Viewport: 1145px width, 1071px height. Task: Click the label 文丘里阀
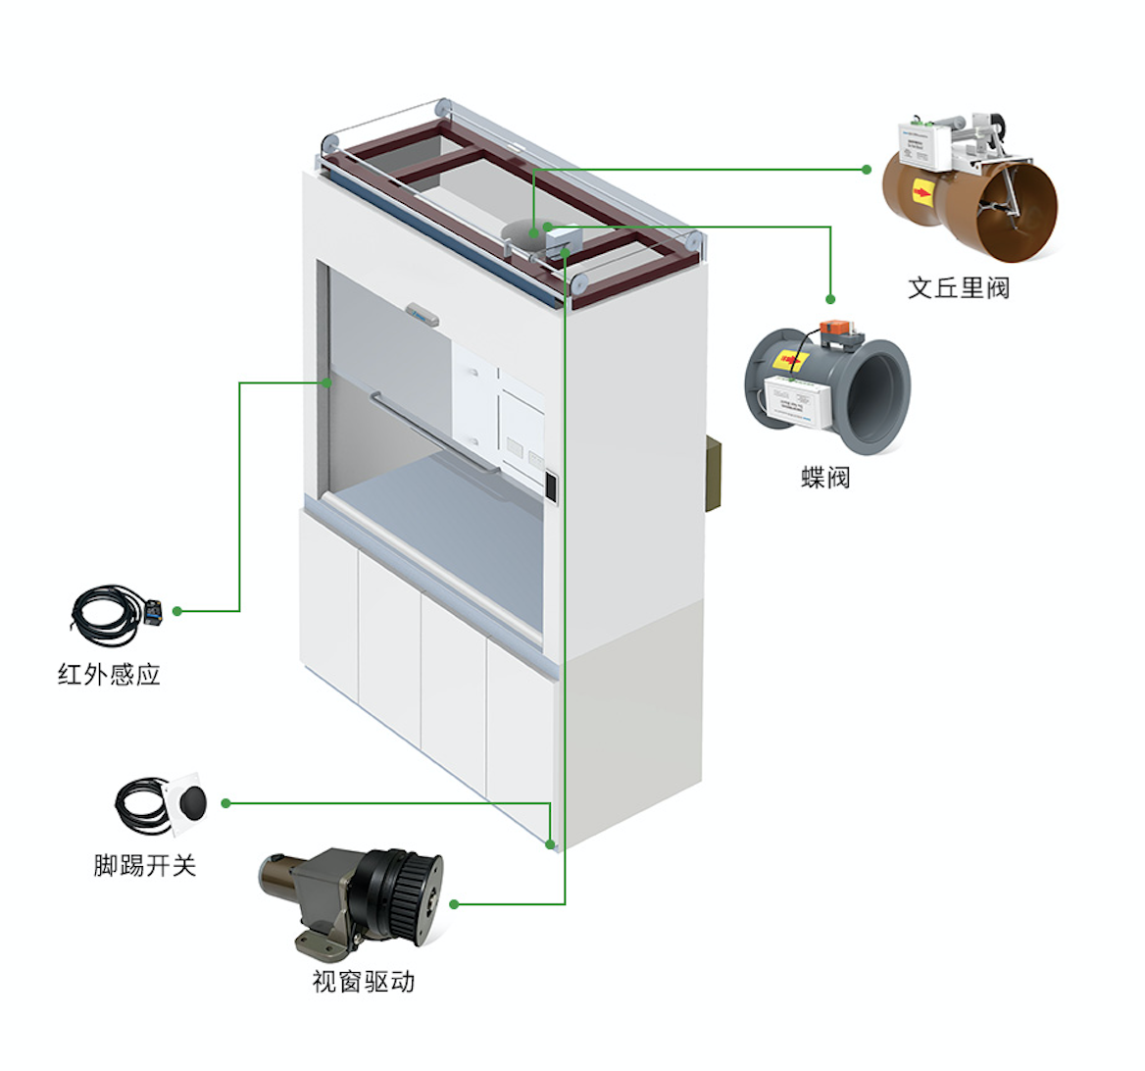(x=958, y=287)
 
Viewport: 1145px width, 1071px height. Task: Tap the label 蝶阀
(x=824, y=478)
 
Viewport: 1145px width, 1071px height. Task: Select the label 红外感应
(x=109, y=674)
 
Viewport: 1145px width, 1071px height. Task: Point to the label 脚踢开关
(x=145, y=865)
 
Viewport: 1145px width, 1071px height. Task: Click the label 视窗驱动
(x=363, y=981)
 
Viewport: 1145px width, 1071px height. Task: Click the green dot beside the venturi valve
(x=867, y=170)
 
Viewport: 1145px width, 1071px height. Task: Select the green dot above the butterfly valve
(x=830, y=299)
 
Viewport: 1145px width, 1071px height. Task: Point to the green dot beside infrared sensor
(x=177, y=611)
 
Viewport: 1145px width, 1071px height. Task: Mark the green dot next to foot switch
(x=225, y=803)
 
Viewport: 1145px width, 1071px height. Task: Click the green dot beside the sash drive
(x=454, y=904)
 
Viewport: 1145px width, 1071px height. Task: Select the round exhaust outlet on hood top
(x=524, y=231)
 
